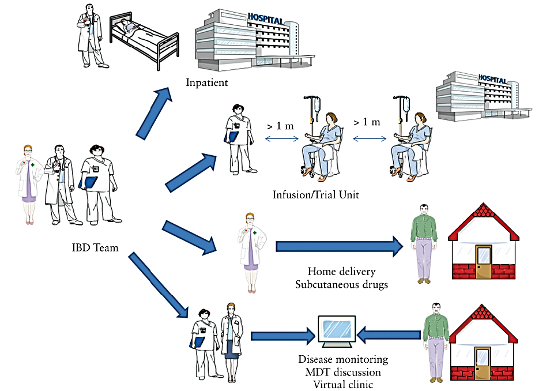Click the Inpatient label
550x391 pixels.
(x=207, y=82)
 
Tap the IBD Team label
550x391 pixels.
(x=95, y=248)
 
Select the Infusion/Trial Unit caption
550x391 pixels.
(x=316, y=195)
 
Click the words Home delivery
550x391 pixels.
(x=341, y=272)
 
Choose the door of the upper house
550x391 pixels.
(x=483, y=262)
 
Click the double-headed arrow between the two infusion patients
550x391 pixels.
(x=369, y=138)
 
